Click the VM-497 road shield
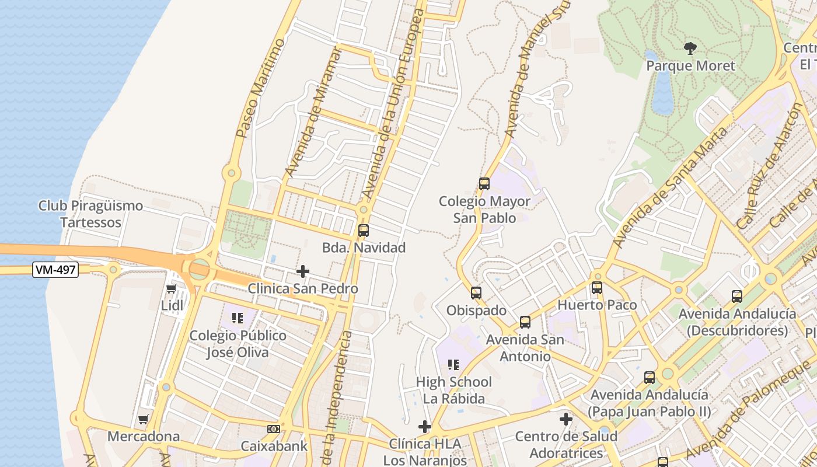pos(55,269)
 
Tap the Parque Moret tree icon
pos(690,48)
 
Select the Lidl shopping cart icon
pos(171,288)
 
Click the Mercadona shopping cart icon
pos(143,419)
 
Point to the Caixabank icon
pos(273,429)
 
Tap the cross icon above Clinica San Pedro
pos(303,271)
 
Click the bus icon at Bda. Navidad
pos(364,231)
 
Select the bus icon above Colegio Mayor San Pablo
pos(484,184)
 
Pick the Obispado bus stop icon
pos(476,293)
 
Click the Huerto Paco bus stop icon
pos(596,288)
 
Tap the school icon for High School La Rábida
pos(453,365)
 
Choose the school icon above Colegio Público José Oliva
pos(237,318)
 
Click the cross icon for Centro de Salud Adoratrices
pos(565,419)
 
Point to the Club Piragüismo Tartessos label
pos(90,214)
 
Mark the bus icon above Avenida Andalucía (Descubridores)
pos(737,297)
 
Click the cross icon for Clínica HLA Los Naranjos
pos(425,427)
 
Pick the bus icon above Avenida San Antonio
pos(525,322)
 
